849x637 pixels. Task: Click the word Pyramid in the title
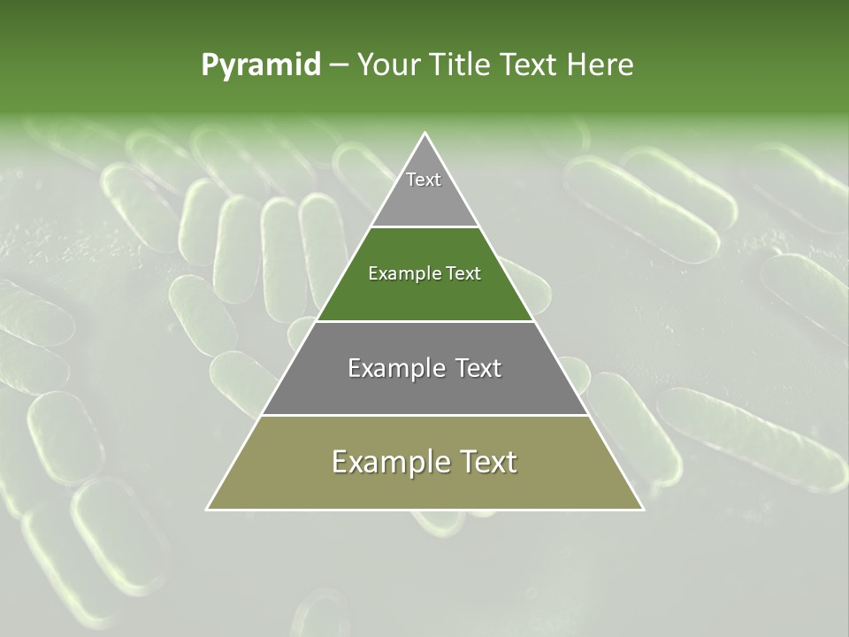click(x=261, y=65)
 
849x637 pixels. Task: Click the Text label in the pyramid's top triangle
click(x=424, y=180)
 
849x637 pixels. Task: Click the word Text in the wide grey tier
click(x=478, y=368)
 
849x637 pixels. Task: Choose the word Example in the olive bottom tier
click(x=390, y=462)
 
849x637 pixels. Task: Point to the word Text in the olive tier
click(x=487, y=462)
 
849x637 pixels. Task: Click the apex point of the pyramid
click(x=425, y=134)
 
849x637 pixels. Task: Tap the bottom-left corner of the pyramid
click(x=207, y=510)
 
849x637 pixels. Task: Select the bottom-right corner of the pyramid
click(x=643, y=510)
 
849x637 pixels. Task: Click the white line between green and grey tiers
click(x=425, y=321)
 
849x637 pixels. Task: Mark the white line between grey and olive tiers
click(x=425, y=415)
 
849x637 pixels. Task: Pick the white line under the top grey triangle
click(x=425, y=227)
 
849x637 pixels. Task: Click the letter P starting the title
click(x=209, y=65)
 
